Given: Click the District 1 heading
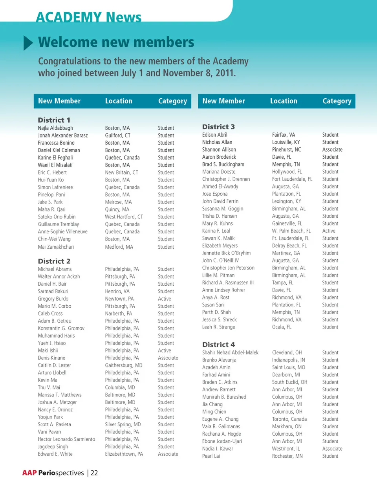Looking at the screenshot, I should pos(54,120).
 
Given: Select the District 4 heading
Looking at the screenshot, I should pos(218,344).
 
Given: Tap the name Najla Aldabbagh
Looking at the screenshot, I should pos(55,128).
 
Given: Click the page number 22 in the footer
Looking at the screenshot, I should pos(94,473).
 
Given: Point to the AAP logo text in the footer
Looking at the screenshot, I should pos(29,473).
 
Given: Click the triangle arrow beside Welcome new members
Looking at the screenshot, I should pos(28,42).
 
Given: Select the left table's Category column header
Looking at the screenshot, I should pos(172,101).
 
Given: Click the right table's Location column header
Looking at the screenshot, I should pos(284,101).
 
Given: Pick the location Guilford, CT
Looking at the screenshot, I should pos(117,136).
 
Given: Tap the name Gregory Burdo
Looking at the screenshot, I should pos(53,299).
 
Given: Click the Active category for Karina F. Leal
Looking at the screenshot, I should pos(329,231).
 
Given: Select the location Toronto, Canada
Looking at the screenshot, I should pos(289,419).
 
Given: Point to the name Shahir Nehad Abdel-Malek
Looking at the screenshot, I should pos(230,353).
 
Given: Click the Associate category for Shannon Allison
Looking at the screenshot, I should pos(332,150).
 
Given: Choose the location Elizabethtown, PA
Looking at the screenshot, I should pos(124,454).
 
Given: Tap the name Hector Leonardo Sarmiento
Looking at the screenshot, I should pos(66,439).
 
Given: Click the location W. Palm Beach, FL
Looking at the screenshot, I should pos(291,231).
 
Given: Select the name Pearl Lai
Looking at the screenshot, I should pos(211,456).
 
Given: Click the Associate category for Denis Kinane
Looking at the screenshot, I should pos(168,358).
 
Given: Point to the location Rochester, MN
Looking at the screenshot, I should pos(287,456).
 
